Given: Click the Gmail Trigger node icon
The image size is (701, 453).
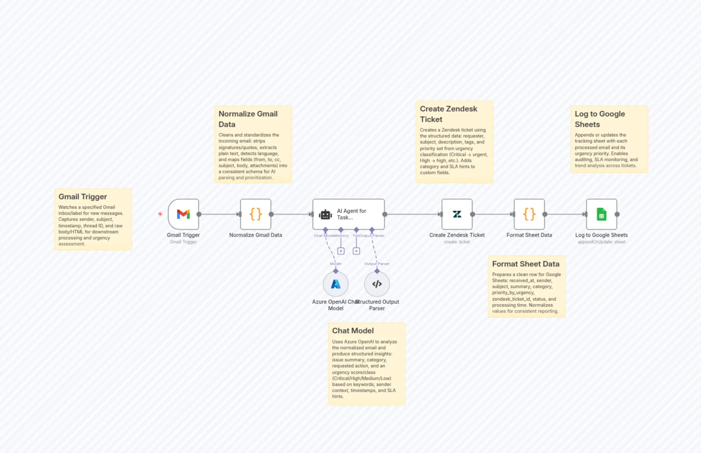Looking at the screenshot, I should pos(183,214).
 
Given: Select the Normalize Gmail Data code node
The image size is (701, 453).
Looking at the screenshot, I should pos(255,214).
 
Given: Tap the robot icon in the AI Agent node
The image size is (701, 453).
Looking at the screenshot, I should pos(325,214).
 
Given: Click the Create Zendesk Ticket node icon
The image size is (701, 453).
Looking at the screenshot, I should pos(457,214).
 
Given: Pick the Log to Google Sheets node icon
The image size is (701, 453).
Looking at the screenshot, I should pos(601,214).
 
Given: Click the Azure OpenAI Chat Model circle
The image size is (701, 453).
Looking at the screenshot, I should pos(335,284).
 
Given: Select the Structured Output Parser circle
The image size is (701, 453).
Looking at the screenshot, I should pos(377,284).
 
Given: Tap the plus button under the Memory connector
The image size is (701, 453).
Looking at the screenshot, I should pos(341,251).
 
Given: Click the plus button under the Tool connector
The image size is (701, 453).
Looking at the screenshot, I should pos(356,251).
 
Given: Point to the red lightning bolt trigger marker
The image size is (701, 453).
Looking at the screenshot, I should pos(160,214).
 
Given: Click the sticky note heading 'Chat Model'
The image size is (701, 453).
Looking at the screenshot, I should pos(353,331).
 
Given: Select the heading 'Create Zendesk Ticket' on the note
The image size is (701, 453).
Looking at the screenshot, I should pos(448,114).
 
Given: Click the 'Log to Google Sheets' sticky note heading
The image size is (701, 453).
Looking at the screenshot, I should pos(600,119).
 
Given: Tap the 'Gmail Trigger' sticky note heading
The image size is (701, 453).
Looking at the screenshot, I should pos(83,197).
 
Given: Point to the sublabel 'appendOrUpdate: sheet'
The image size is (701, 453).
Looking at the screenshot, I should pos(601,242).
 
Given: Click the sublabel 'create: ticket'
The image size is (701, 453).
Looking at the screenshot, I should pos(457,242).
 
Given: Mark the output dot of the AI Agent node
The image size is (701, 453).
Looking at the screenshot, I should pos(385,214).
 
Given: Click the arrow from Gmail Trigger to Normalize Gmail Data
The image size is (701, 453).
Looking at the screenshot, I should pos(219,214).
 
